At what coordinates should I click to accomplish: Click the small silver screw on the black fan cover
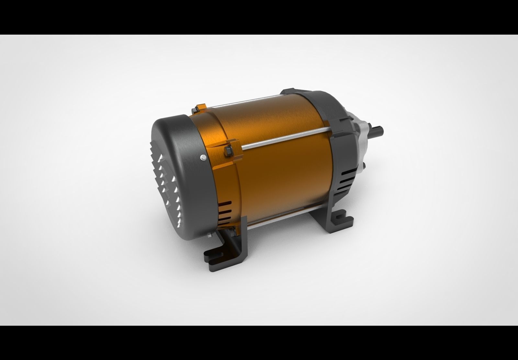(203, 158)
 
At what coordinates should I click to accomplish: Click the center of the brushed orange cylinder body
(278, 168)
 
